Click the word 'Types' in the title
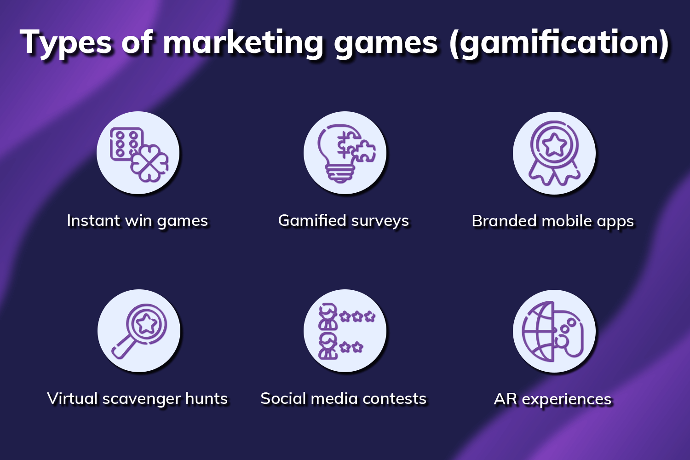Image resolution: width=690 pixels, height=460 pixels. (x=67, y=43)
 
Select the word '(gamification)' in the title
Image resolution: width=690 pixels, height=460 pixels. (x=559, y=43)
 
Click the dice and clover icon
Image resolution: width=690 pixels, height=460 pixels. (x=138, y=153)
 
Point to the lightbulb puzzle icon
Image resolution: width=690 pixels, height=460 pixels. (x=345, y=153)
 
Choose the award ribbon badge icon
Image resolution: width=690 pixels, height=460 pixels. (x=554, y=153)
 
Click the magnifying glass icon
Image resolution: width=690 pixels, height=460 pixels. (x=139, y=331)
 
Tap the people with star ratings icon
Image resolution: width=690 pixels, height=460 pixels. (x=345, y=331)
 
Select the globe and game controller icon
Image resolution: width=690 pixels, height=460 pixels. (x=554, y=331)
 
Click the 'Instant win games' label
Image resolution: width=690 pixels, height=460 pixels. (x=138, y=221)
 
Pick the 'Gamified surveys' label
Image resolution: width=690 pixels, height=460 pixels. (x=344, y=221)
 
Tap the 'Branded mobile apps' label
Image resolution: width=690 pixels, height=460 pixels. (x=553, y=221)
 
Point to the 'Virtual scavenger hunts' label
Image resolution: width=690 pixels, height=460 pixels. (x=138, y=398)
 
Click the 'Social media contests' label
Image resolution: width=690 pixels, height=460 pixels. (x=344, y=398)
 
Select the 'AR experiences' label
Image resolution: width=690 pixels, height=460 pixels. (x=553, y=399)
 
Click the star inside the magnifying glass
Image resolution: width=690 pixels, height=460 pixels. (x=146, y=324)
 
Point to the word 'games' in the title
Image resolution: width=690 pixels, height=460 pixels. (x=386, y=43)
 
